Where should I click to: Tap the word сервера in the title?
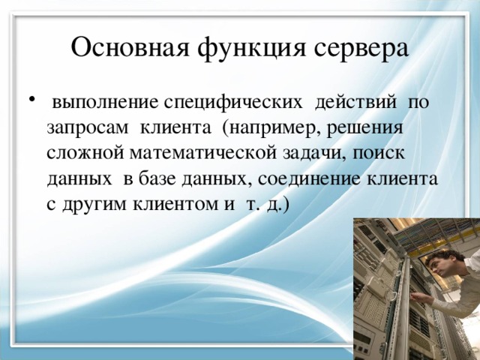[x=359, y=48]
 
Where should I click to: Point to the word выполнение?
[x=105, y=100]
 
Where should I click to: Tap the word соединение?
[x=304, y=179]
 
